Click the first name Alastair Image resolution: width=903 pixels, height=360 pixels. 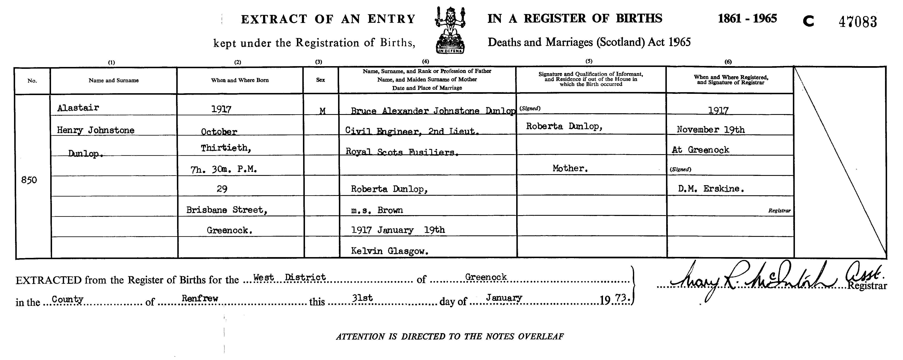click(78, 108)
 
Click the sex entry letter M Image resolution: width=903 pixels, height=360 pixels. click(323, 111)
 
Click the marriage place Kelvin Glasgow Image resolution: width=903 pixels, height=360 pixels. click(390, 251)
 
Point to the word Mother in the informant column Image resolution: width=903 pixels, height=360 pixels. click(570, 168)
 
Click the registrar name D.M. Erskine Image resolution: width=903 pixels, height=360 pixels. click(711, 189)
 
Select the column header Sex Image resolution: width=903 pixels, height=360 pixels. click(320, 80)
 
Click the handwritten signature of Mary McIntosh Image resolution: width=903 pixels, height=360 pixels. click(754, 280)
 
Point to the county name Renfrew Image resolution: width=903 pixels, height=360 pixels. click(200, 298)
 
